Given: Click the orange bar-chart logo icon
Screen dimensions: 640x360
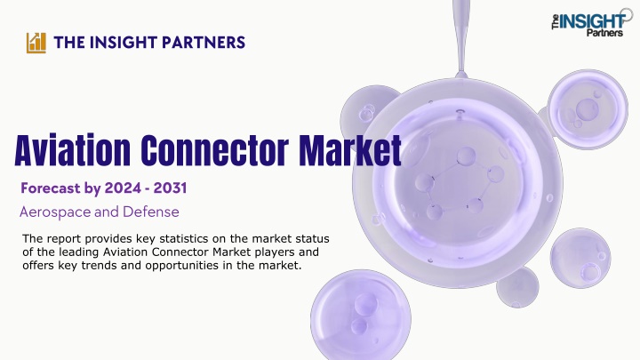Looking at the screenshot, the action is (36, 43).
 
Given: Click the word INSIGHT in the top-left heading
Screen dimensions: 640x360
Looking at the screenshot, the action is (123, 43).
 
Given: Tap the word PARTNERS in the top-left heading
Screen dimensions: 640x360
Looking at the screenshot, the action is (204, 43).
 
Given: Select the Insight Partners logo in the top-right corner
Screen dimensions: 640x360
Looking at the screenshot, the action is (591, 22).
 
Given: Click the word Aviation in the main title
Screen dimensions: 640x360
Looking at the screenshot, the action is (73, 150).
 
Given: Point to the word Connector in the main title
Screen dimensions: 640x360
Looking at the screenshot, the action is (215, 150).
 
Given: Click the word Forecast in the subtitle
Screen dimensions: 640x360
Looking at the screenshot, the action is (51, 188).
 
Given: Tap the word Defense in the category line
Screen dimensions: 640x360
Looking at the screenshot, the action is (150, 212).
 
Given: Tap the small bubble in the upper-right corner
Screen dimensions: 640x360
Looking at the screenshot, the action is (588, 108).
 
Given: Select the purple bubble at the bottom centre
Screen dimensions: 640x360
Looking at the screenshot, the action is (360, 315).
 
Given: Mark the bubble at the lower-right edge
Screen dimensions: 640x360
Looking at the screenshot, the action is (580, 259).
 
